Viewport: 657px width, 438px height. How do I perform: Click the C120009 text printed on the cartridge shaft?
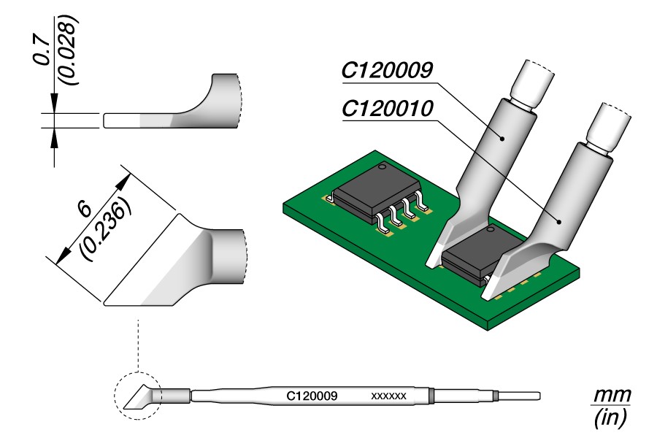tap(311, 396)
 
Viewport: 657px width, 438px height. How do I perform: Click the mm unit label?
tap(610, 396)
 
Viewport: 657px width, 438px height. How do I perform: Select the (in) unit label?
tap(610, 418)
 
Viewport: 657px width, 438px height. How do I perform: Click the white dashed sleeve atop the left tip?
tap(531, 82)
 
